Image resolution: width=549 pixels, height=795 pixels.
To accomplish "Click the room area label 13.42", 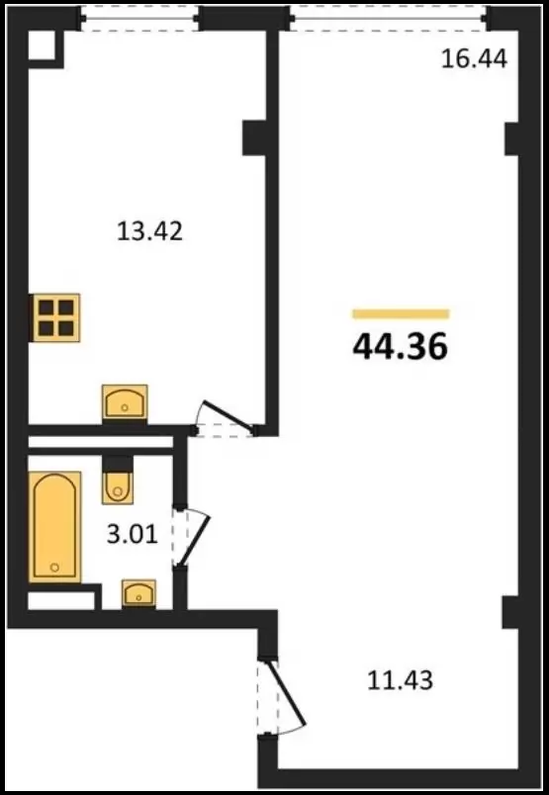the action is pyautogui.click(x=149, y=231).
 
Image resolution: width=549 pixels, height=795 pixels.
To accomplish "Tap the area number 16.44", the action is pyautogui.click(x=474, y=58).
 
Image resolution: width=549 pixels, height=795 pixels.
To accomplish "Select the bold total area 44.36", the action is pyautogui.click(x=401, y=347).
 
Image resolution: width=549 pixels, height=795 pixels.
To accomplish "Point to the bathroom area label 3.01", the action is pyautogui.click(x=133, y=534).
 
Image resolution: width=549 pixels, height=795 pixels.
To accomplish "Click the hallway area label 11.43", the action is pyautogui.click(x=400, y=680).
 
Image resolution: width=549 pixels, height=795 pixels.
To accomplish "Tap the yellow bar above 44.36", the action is pyautogui.click(x=401, y=314).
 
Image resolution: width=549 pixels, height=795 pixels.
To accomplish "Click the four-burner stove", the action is pyautogui.click(x=55, y=317).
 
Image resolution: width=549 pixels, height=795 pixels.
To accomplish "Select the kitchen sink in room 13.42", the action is pyautogui.click(x=125, y=401).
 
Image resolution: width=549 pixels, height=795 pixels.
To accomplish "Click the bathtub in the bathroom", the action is pyautogui.click(x=54, y=527).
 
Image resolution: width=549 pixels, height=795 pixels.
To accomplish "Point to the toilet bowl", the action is pyautogui.click(x=118, y=488).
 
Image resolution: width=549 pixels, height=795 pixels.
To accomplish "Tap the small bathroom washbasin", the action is pyautogui.click(x=138, y=593).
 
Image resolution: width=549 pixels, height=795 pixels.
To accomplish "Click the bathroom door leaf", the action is pyautogui.click(x=194, y=540).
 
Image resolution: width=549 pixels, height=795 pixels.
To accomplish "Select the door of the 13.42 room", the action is pyautogui.click(x=227, y=415).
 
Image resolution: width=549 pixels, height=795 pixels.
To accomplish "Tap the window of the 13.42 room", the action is pyautogui.click(x=139, y=18).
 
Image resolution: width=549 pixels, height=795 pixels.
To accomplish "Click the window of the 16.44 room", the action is pyautogui.click(x=389, y=18).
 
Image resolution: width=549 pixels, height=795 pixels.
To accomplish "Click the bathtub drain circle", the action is pyautogui.click(x=54, y=568).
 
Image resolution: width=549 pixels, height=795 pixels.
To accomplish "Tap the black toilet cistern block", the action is pyautogui.click(x=118, y=464).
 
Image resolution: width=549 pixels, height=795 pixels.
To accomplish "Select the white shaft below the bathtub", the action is pyautogui.click(x=61, y=601).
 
